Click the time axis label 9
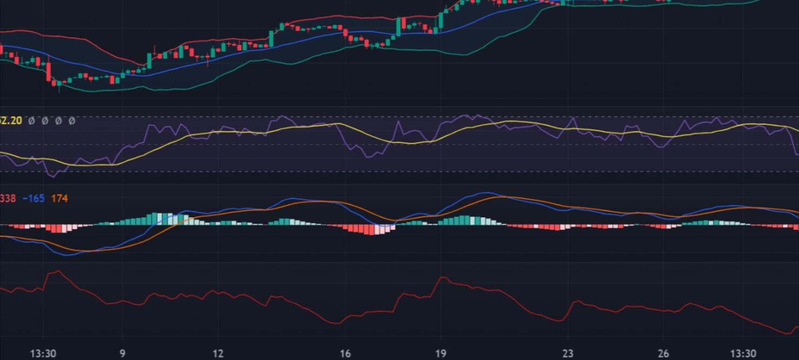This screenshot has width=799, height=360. pos(122,354)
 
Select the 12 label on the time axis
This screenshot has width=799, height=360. pos(218,354)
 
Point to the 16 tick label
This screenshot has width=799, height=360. pos(345,354)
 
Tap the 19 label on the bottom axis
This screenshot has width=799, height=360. pos(441,354)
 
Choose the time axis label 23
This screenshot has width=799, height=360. pos(568,354)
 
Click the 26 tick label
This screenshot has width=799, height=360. pos(663,354)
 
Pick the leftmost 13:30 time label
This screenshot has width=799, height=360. pos(44,354)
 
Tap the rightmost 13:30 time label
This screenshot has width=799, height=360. pos(743,354)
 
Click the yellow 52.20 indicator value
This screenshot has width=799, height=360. pos(10,121)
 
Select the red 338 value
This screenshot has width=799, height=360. pos(8,199)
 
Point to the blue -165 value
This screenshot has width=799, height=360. pos(34,199)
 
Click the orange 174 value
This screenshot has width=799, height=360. pos(59,199)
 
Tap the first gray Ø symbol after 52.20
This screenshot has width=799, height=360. pos(31,121)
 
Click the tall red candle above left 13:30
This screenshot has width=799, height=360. pos(48,72)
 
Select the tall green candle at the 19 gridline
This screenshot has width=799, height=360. pos(441,21)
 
